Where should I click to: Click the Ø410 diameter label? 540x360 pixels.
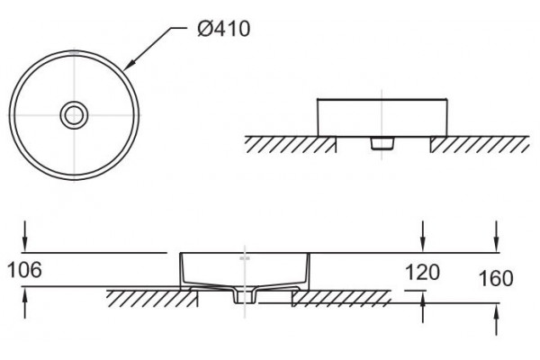coord(223,29)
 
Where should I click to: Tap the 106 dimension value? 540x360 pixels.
coord(24,270)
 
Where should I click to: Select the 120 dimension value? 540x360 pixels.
coord(422,272)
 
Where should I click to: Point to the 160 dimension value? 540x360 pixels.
coord(496,278)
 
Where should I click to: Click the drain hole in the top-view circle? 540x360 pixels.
coord(74,115)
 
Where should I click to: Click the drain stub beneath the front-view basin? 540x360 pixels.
coord(382,143)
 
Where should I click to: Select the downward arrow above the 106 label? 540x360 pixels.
coord(25,237)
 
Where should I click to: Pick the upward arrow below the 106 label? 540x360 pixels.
coord(25,302)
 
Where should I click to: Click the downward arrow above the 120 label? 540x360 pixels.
coord(423,237)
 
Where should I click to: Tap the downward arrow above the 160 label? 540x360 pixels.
coord(496,237)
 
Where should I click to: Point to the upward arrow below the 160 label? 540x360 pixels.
coord(496,319)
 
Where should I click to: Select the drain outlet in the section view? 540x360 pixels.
coord(245,297)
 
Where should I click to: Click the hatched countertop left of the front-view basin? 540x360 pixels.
coord(291,145)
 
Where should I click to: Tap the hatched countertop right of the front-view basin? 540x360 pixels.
coord(480,145)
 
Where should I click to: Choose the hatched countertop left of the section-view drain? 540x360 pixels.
coord(152,299)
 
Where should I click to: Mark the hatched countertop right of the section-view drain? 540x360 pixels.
coord(341,299)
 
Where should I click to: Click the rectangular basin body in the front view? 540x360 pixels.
coord(382,118)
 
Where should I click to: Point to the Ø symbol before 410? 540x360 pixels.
coord(204,29)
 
